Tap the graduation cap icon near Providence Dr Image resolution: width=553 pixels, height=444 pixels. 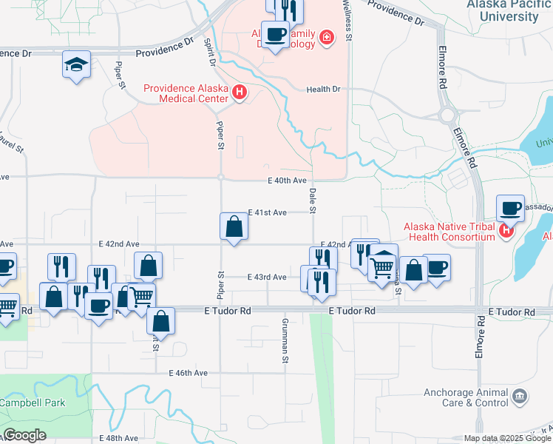(x=77, y=64)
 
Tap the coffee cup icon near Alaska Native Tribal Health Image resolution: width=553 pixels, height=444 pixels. (x=510, y=209)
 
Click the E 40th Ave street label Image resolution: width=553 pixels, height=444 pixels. (x=287, y=180)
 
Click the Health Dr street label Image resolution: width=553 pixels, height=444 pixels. (x=324, y=90)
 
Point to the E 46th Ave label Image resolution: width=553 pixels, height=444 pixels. (x=188, y=373)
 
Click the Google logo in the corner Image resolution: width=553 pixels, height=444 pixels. (x=24, y=435)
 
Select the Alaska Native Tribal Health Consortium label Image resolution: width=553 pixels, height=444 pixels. (x=459, y=232)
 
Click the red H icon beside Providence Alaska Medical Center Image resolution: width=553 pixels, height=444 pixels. (x=240, y=93)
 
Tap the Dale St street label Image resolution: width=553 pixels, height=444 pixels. (x=312, y=201)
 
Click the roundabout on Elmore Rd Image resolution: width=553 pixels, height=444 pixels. (x=447, y=115)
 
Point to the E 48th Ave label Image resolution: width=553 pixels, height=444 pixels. (x=121, y=438)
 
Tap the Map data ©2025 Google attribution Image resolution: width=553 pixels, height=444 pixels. (x=508, y=438)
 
